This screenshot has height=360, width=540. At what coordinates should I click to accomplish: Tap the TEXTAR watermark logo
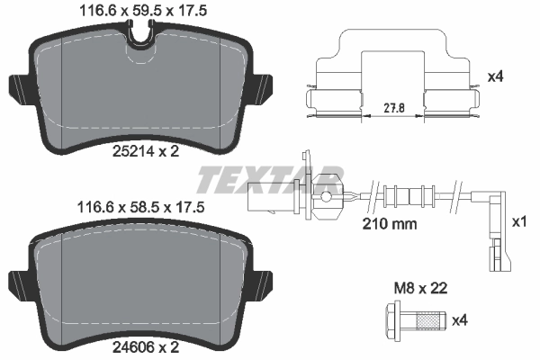point(270,178)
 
